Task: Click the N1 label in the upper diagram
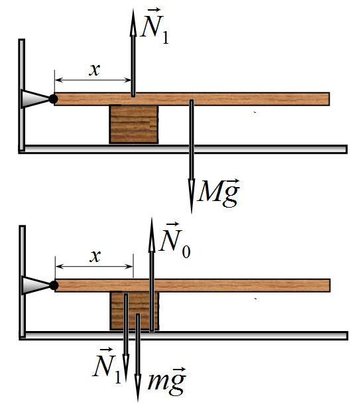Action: point(154,27)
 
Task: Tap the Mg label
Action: point(218,193)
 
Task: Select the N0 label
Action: point(175,240)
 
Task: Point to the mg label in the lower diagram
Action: point(167,381)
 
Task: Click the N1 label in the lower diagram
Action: point(107,366)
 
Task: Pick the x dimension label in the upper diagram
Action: point(95,70)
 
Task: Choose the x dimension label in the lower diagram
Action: point(95,256)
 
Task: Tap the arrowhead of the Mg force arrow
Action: point(192,213)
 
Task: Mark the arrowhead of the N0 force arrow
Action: point(152,218)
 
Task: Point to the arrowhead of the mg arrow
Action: point(138,401)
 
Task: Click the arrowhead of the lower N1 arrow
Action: point(126,381)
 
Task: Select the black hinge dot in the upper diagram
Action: point(53,99)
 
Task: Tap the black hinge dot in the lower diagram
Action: point(54,285)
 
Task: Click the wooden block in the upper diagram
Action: point(134,124)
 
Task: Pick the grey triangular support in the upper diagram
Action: point(35,99)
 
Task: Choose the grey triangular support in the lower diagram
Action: point(36,285)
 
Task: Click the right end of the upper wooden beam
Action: point(330,99)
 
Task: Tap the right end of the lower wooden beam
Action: point(330,285)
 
